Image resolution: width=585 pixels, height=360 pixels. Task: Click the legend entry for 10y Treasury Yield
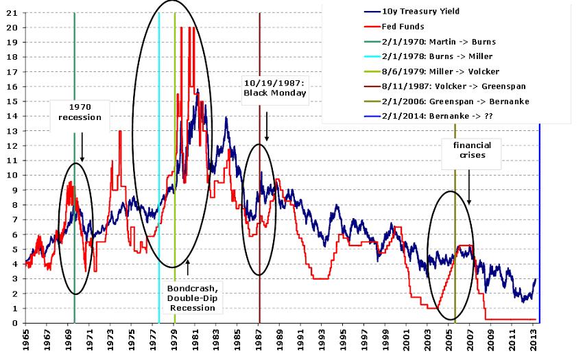click(x=420, y=12)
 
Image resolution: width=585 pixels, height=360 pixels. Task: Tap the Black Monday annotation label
click(x=275, y=88)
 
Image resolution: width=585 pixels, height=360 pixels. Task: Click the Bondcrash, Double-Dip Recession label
click(x=191, y=298)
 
